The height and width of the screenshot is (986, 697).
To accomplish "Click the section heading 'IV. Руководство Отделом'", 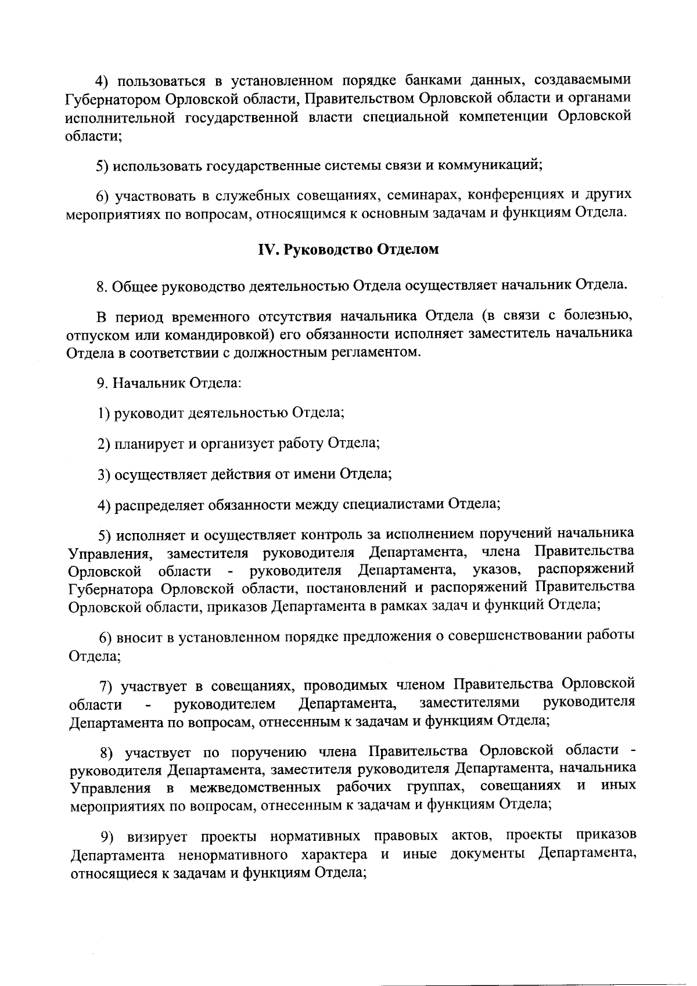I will click(348, 250).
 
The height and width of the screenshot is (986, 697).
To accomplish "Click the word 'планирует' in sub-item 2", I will click(149, 444).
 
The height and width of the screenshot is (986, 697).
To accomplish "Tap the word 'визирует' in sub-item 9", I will click(157, 837).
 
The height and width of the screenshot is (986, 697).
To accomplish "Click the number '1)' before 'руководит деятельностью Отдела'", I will click(104, 413).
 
